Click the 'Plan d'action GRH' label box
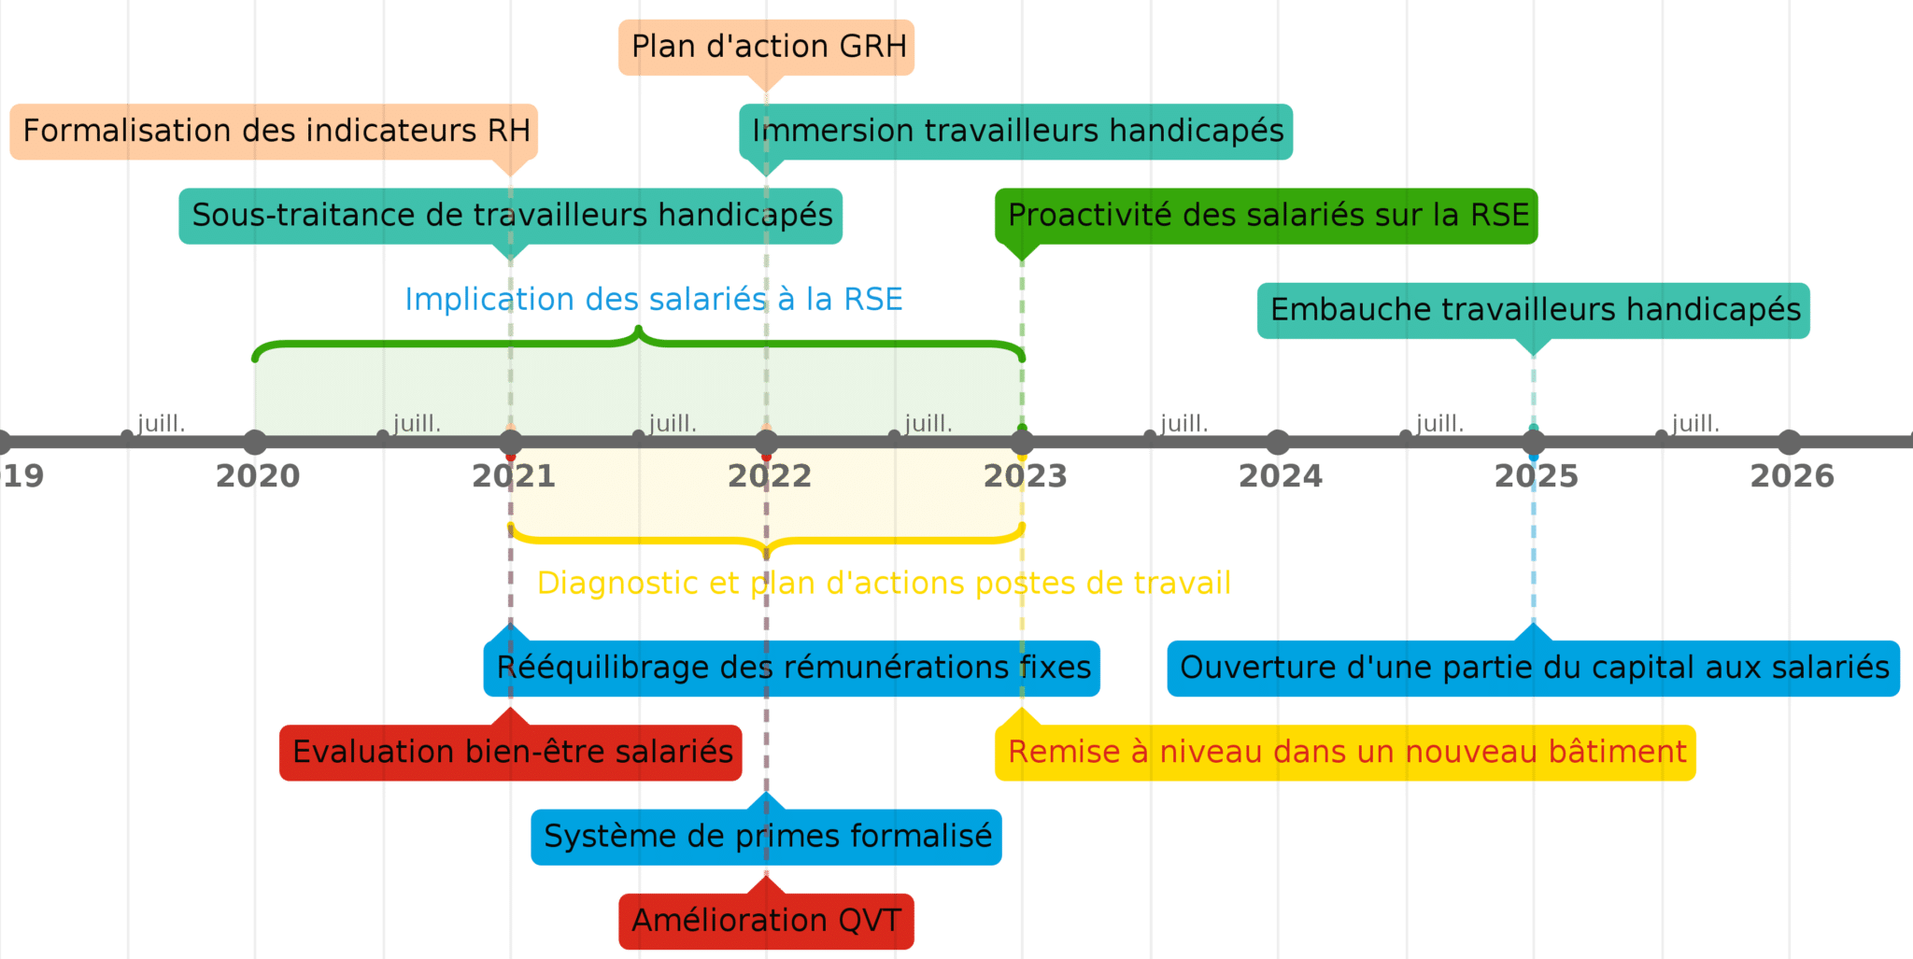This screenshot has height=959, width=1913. pyautogui.click(x=766, y=47)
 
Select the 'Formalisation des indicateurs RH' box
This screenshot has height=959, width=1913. pyautogui.click(x=275, y=131)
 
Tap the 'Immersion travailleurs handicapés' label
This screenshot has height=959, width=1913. pyautogui.click(x=1016, y=131)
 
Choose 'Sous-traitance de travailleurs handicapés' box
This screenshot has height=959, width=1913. pyautogui.click(x=511, y=216)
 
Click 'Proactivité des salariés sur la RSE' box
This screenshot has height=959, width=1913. pyautogui.click(x=1267, y=216)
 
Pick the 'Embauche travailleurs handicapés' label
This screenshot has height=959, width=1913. pyautogui.click(x=1534, y=310)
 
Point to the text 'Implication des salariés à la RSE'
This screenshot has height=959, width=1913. pyautogui.click(x=653, y=300)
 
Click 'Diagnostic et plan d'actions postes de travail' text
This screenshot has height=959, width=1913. pyautogui.click(x=884, y=584)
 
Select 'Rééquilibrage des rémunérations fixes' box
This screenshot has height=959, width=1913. pyautogui.click(x=792, y=669)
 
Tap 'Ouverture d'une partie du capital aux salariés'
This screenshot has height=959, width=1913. pyautogui.click(x=1534, y=669)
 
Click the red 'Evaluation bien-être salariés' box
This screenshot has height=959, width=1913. pyautogui.click(x=511, y=753)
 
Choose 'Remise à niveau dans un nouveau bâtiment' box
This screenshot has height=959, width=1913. pyautogui.click(x=1345, y=753)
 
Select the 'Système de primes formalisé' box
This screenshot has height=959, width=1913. pyautogui.click(x=766, y=837)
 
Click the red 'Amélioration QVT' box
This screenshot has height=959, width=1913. pyautogui.click(x=766, y=921)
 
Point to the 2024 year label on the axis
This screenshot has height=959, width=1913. pyautogui.click(x=1280, y=477)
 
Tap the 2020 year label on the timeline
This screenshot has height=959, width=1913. pyautogui.click(x=257, y=477)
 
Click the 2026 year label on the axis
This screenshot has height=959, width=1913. pyautogui.click(x=1792, y=477)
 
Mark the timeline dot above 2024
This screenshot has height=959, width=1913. pyautogui.click(x=1278, y=442)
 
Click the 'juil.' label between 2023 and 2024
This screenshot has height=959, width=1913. pyautogui.click(x=1182, y=424)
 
